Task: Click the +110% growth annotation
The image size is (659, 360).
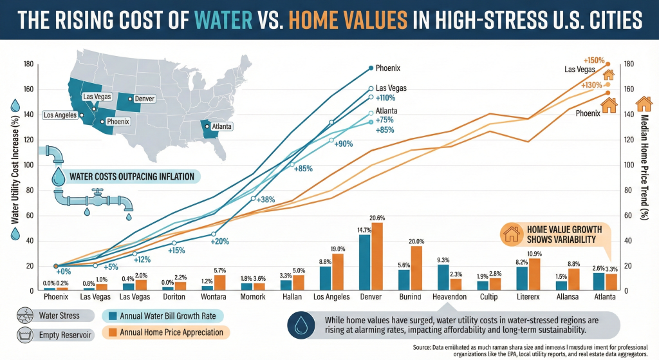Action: coord(385,99)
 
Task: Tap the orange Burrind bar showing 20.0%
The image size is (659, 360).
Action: coord(417,268)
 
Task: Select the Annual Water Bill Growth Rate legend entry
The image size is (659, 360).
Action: coord(163,316)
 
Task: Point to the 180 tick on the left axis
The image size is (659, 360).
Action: coord(28,64)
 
